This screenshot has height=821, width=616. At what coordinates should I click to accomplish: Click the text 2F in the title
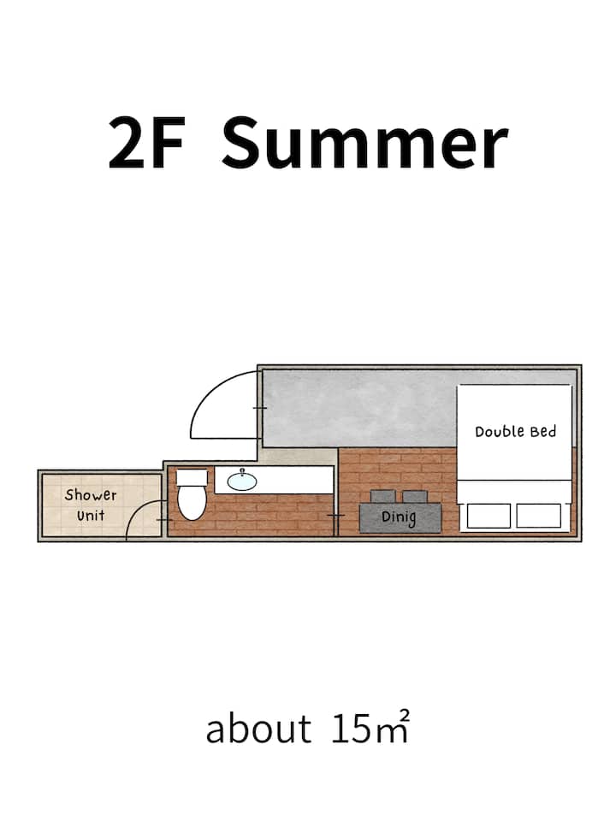click(146, 143)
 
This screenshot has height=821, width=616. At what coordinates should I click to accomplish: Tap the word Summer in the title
click(365, 143)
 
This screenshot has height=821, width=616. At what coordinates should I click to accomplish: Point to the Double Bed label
click(515, 432)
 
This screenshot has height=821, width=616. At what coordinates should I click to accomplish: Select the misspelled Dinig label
click(399, 518)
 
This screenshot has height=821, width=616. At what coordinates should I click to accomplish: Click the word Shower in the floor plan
click(91, 495)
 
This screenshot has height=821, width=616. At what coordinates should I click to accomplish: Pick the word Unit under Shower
click(91, 516)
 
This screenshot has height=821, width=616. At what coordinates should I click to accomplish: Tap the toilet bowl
click(191, 503)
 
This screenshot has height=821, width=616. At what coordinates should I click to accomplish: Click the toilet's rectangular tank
click(192, 477)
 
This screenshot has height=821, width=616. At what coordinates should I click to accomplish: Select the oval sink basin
click(242, 481)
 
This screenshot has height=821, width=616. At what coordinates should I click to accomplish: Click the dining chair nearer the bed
click(415, 496)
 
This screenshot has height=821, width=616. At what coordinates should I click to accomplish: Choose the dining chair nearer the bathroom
click(383, 496)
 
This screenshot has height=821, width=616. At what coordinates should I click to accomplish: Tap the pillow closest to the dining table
click(489, 516)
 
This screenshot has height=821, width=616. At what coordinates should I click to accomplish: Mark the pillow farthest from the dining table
click(538, 516)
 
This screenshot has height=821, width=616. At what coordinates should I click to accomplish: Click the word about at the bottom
click(258, 729)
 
